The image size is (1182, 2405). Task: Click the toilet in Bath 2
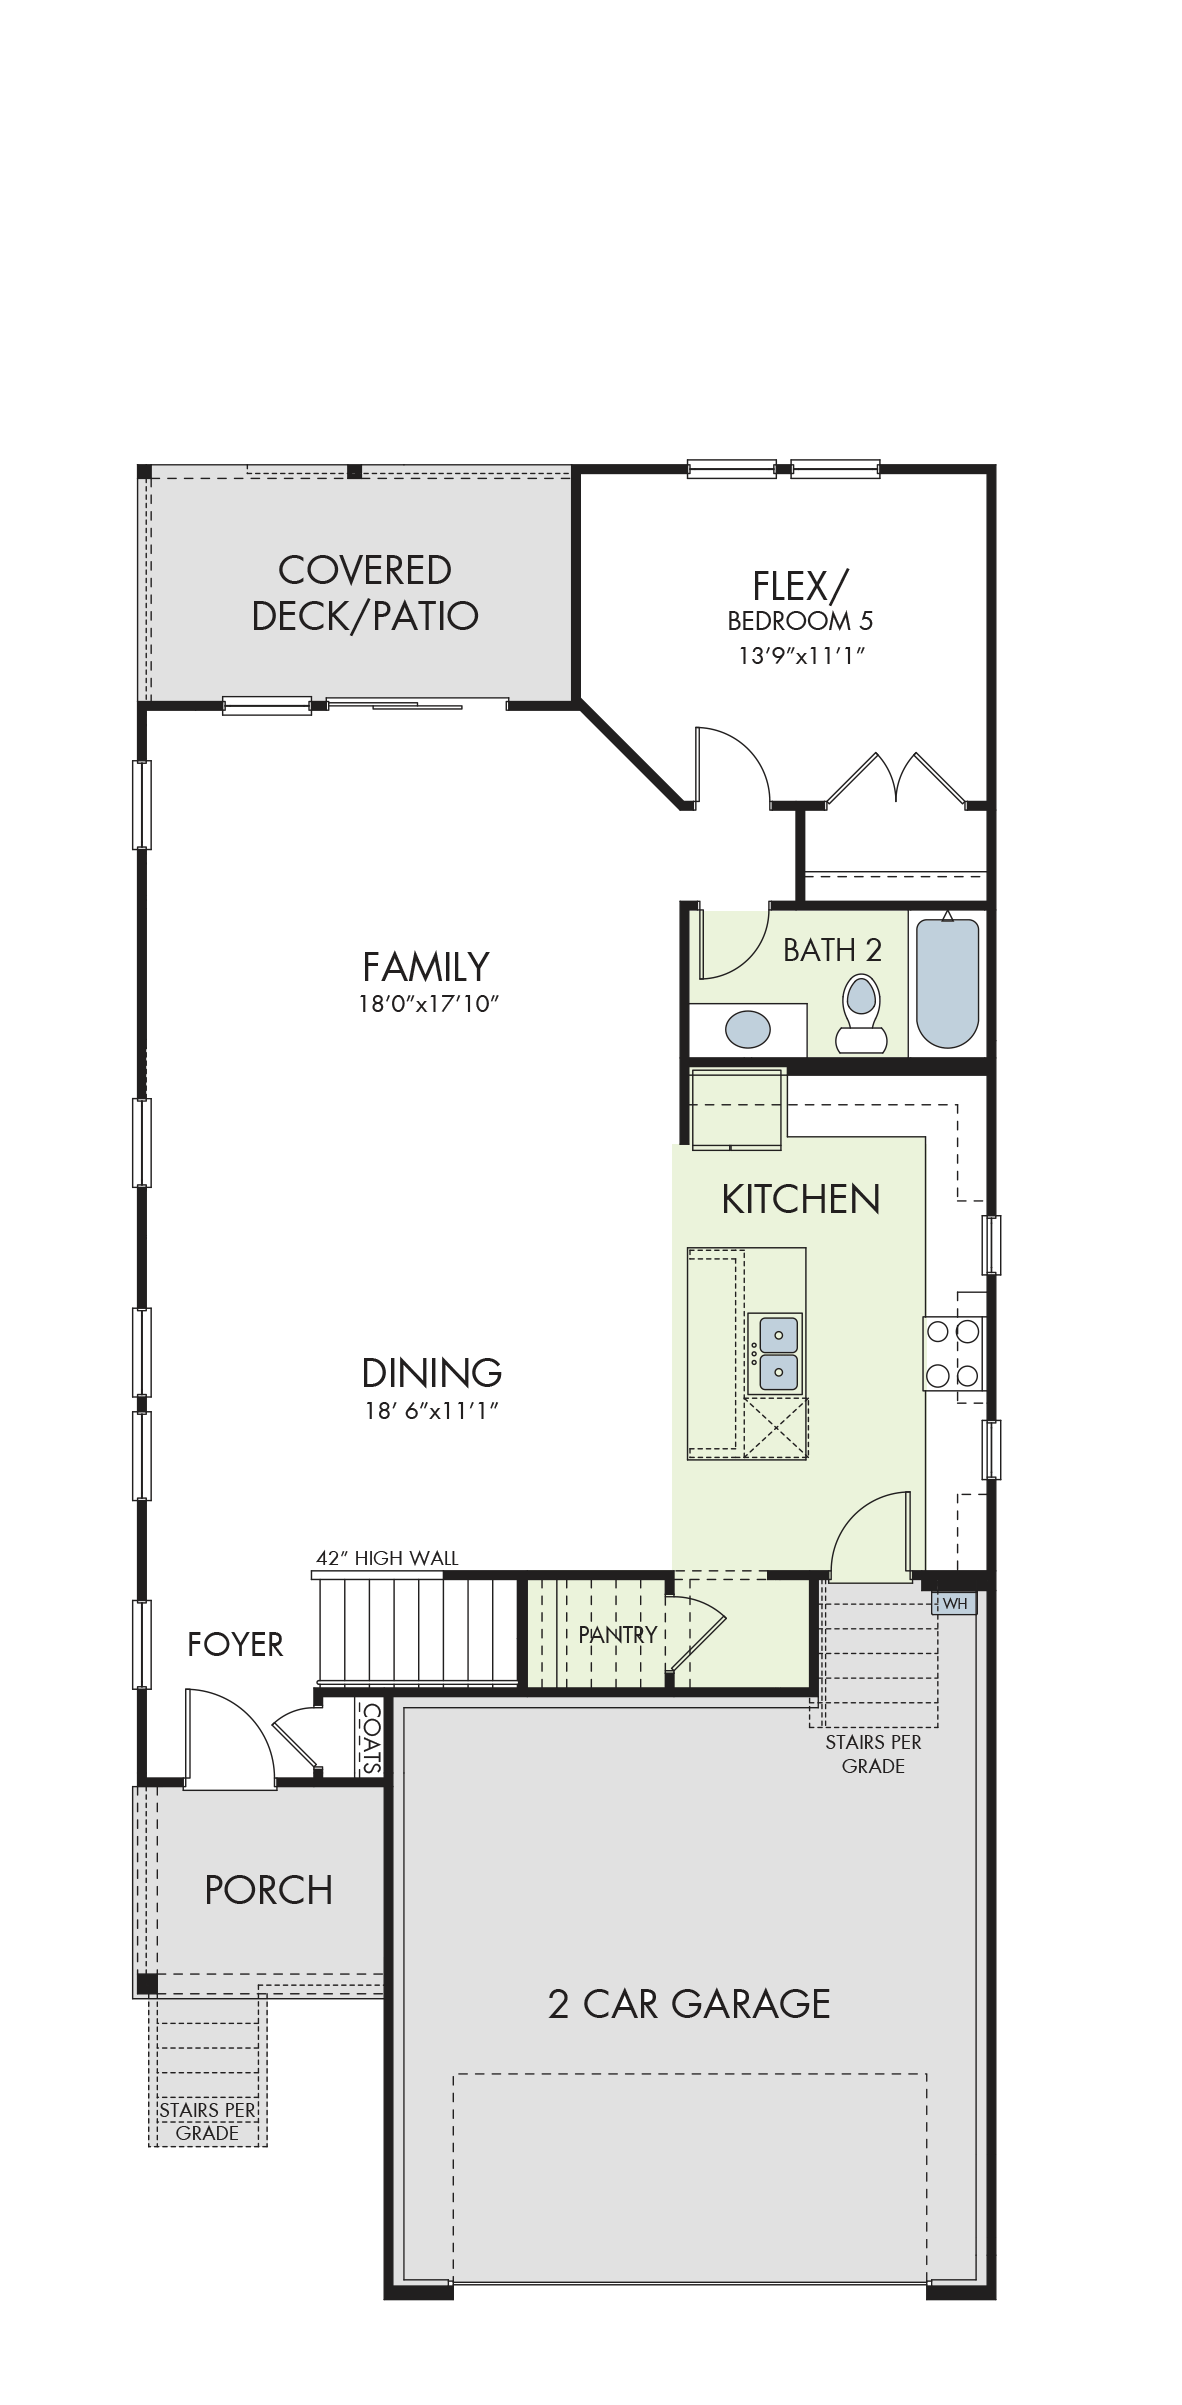point(861,1013)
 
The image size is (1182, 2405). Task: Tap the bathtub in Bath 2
point(947,982)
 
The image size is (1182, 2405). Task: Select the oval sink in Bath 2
point(748,1029)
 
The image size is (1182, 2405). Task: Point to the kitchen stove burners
point(952,1354)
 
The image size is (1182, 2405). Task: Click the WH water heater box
point(954,1604)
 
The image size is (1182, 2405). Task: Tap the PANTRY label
point(618,1634)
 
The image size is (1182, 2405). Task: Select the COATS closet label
point(371,1738)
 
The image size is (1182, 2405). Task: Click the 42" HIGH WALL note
point(387,1558)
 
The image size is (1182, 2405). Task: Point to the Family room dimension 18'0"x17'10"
point(428,1004)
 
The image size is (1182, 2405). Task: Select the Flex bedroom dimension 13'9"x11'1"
point(801,656)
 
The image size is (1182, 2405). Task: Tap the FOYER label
point(235,1644)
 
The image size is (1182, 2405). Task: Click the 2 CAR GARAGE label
point(689,2004)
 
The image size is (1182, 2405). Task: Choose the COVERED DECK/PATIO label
point(365,593)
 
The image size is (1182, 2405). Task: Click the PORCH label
point(268,1890)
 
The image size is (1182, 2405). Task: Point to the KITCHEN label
point(801,1199)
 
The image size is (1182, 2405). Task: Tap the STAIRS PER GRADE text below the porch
point(207,2121)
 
